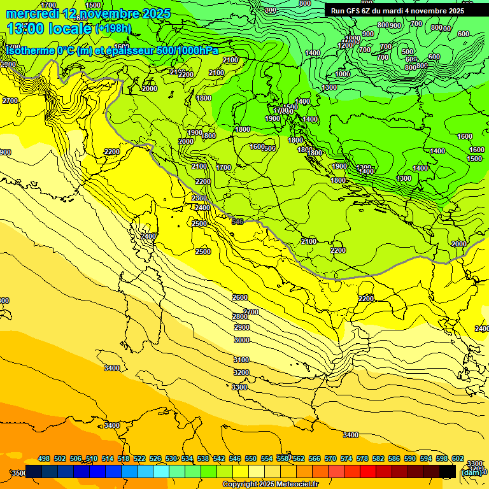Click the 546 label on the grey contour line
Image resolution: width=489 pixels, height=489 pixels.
click(238, 222)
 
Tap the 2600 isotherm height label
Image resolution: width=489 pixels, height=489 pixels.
click(240, 297)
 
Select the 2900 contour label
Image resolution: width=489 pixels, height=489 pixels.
click(242, 327)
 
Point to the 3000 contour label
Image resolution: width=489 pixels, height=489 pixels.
click(242, 340)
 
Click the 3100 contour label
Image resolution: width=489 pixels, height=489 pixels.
click(241, 360)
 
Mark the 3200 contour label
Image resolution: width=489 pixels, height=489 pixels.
click(241, 372)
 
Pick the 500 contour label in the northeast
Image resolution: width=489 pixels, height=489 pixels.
click(407, 52)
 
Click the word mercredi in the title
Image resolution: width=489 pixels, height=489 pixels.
click(30, 13)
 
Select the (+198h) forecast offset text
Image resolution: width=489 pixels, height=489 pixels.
click(113, 29)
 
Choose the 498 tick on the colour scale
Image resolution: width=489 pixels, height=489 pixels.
click(44, 458)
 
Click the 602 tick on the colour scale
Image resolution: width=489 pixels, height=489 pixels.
click(457, 458)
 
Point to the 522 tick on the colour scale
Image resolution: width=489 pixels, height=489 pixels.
click(139, 458)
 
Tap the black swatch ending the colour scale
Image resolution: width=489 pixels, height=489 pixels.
click(448, 471)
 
